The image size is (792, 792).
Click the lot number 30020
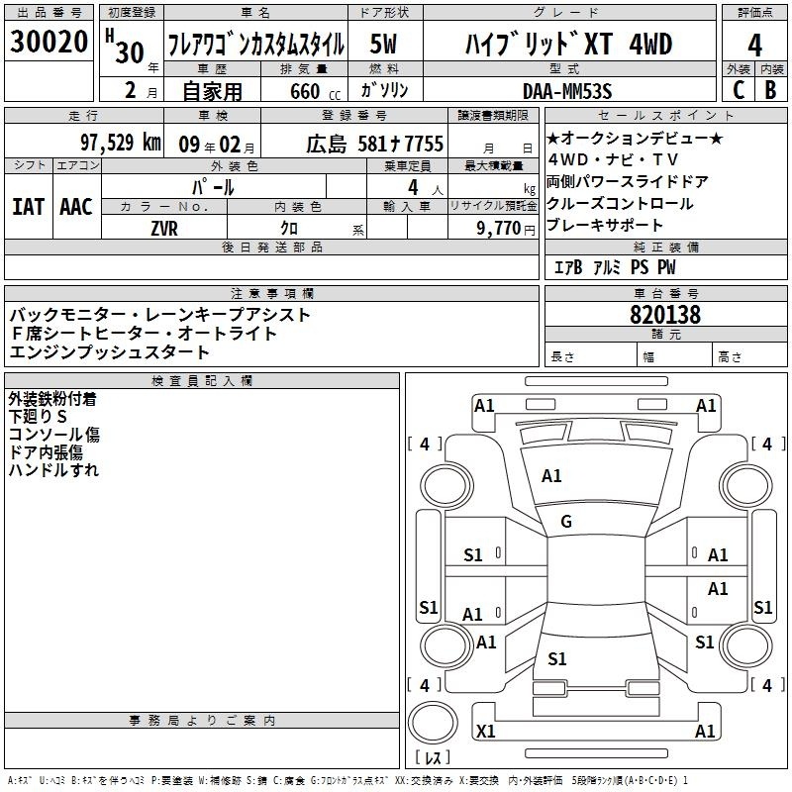pyautogui.click(x=49, y=42)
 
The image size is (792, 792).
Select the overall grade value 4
pyautogui.click(x=754, y=46)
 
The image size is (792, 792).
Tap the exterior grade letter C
pyautogui.click(x=739, y=90)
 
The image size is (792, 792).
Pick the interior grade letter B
pyautogui.click(x=771, y=90)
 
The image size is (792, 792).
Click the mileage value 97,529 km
pyautogui.click(x=121, y=143)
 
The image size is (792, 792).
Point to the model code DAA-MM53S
pyautogui.click(x=567, y=91)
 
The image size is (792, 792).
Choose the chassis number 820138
pyautogui.click(x=665, y=315)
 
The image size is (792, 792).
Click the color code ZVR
pyautogui.click(x=164, y=229)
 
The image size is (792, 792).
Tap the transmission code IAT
pyautogui.click(x=29, y=207)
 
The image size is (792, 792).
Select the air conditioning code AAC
pyautogui.click(x=76, y=207)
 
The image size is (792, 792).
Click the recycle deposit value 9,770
pyautogui.click(x=499, y=228)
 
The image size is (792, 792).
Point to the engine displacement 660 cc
pyautogui.click(x=315, y=91)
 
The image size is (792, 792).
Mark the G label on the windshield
pyautogui.click(x=566, y=522)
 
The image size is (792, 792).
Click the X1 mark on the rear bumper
pyautogui.click(x=485, y=731)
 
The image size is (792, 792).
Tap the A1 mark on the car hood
pyautogui.click(x=551, y=476)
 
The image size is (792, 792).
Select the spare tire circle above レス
pyautogui.click(x=432, y=723)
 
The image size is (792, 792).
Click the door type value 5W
pyautogui.click(x=383, y=44)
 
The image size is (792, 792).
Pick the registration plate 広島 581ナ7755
pyautogui.click(x=375, y=144)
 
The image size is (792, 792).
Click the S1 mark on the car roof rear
pyautogui.click(x=557, y=658)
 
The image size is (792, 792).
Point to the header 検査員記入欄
pyautogui.click(x=202, y=381)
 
